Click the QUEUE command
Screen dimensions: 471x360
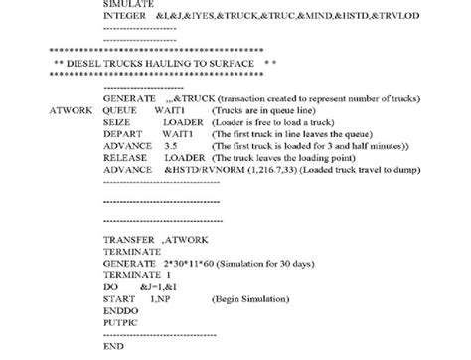coord(120,111)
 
